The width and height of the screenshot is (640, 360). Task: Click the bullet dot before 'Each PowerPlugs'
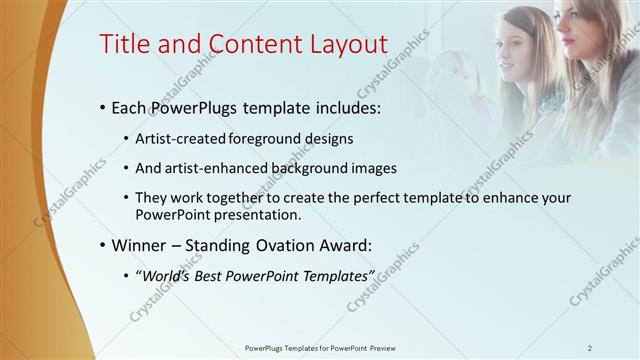[104, 108]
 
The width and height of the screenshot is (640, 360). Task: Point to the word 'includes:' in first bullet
[347, 108]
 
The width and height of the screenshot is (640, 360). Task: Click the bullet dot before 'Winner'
[104, 245]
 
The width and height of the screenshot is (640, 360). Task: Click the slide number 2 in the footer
[590, 348]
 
